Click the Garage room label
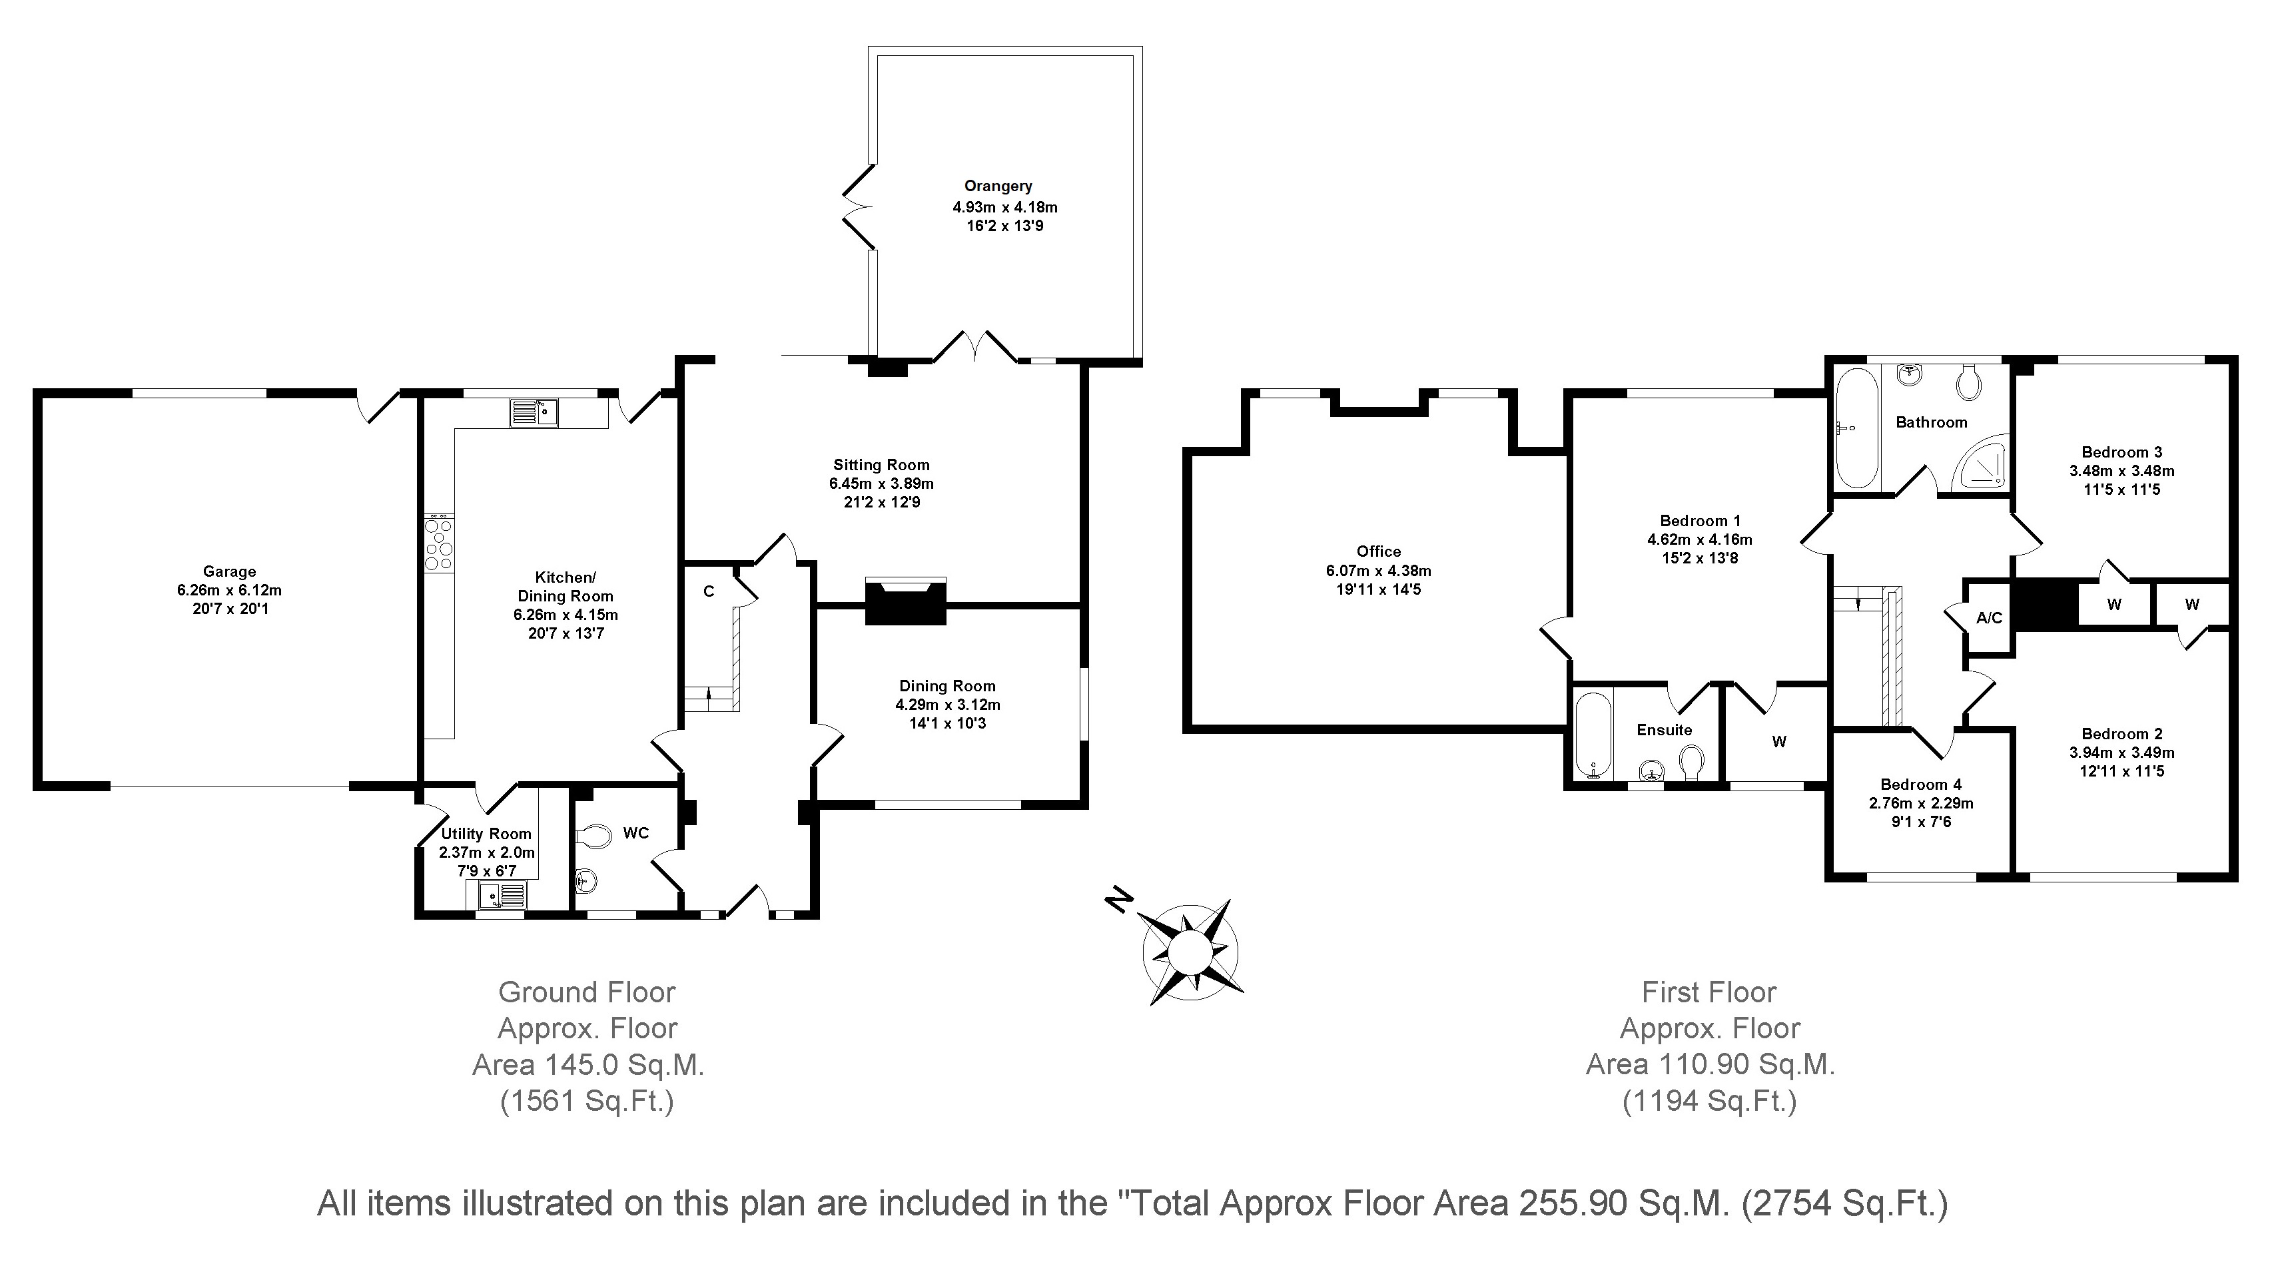[x=229, y=571]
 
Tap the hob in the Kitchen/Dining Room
[x=438, y=544]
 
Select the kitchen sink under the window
[x=534, y=413]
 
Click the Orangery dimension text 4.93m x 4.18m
[x=1004, y=206]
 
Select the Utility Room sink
[x=502, y=896]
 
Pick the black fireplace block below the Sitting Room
[x=905, y=606]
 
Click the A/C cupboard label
[x=1989, y=617]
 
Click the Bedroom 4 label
[x=1920, y=785]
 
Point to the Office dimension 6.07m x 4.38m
[x=1378, y=571]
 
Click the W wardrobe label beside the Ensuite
[x=1778, y=742]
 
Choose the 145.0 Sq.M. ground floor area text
[x=587, y=1065]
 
